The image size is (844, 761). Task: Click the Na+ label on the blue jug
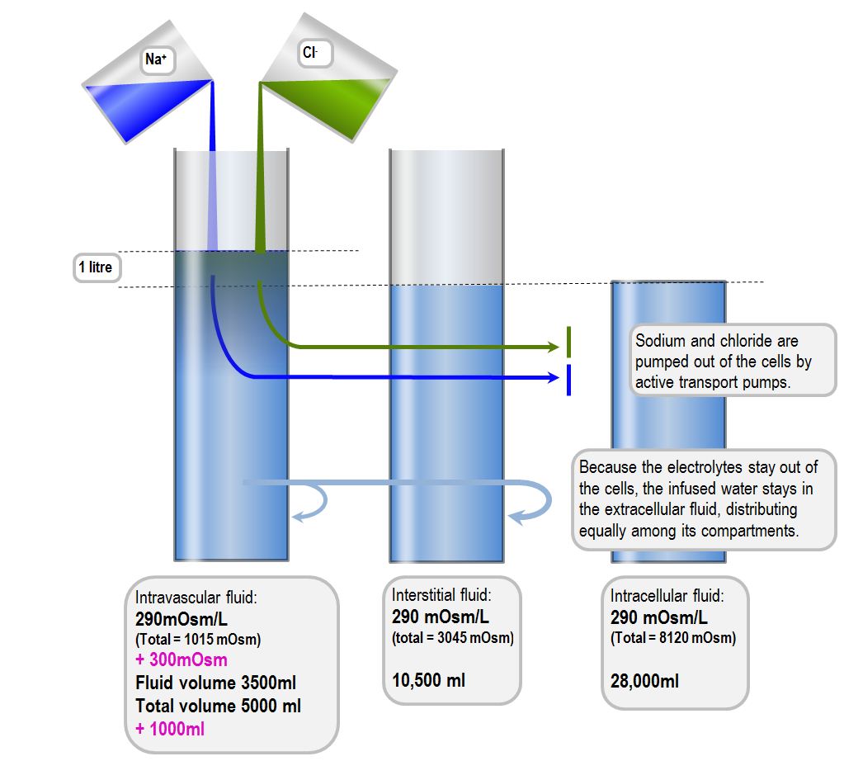click(x=157, y=59)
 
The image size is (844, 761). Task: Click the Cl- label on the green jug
click(x=311, y=53)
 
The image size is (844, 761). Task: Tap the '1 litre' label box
click(x=96, y=268)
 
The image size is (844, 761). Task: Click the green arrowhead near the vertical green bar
click(x=555, y=347)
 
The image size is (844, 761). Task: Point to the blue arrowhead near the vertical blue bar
click(x=555, y=377)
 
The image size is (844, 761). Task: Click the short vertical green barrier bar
click(x=568, y=339)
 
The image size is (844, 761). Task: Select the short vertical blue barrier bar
click(x=568, y=380)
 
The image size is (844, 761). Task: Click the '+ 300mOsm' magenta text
click(x=182, y=659)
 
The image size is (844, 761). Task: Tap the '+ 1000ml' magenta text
click(x=170, y=729)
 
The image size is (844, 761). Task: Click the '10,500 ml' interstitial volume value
click(x=428, y=680)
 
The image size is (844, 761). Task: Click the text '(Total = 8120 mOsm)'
click(x=673, y=638)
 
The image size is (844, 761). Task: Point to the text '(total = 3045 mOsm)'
click(x=453, y=637)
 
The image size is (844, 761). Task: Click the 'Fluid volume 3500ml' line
click(x=215, y=683)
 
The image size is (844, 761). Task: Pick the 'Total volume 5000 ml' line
click(x=218, y=706)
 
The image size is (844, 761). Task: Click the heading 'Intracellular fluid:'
click(x=667, y=596)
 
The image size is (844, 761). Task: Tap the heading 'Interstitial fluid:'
click(x=442, y=595)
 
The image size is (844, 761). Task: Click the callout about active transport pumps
click(x=729, y=362)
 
